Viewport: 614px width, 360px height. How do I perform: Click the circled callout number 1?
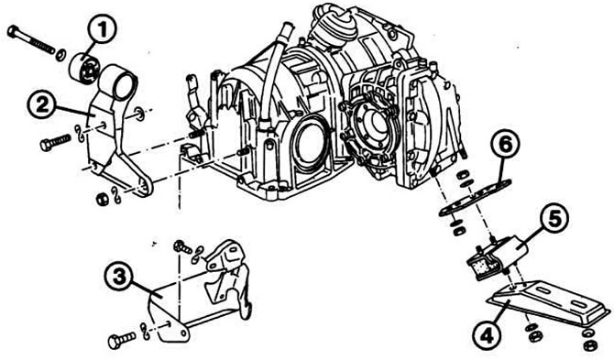click(102, 30)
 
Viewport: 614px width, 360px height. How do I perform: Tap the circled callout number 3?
click(118, 277)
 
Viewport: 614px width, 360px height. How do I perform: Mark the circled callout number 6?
click(506, 145)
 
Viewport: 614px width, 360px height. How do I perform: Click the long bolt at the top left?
click(31, 39)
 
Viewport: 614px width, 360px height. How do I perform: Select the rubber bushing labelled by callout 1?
click(85, 69)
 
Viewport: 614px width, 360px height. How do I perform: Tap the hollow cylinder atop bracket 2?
click(118, 82)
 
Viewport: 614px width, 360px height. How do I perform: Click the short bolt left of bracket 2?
click(55, 142)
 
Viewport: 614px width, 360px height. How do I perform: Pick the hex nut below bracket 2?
click(102, 199)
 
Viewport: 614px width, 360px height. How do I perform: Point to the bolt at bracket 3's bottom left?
click(122, 341)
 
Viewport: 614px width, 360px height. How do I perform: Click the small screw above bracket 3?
click(183, 247)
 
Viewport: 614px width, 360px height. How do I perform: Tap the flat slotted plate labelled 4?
click(548, 302)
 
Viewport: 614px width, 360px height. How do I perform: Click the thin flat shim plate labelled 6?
click(475, 197)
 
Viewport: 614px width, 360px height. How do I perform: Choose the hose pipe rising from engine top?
click(273, 73)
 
